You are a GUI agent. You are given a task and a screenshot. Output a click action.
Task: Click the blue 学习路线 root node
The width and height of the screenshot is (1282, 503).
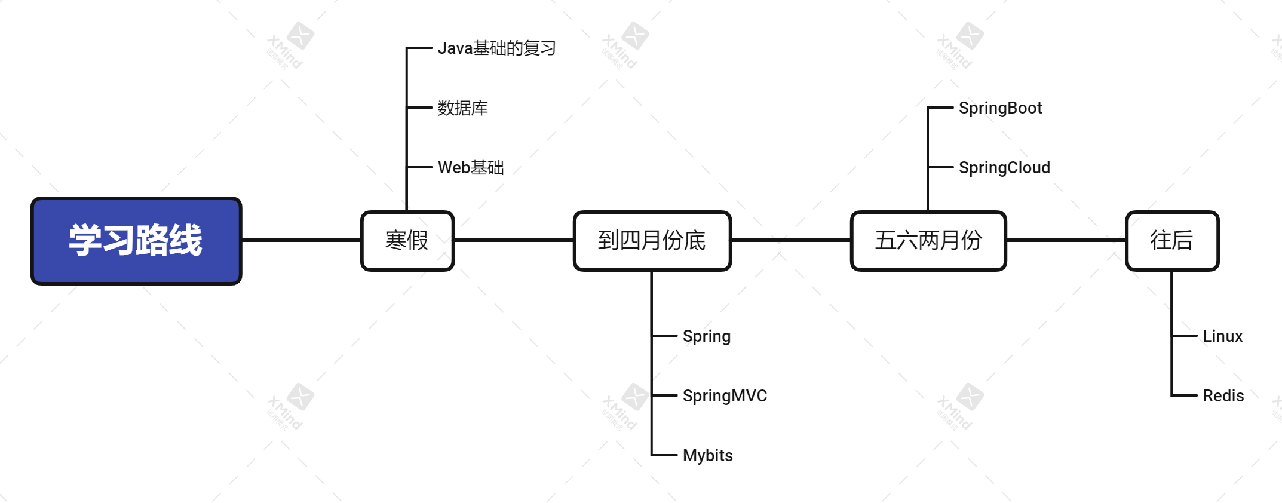[x=136, y=241]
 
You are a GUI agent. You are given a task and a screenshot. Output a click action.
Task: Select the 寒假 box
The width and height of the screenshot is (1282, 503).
[x=407, y=241]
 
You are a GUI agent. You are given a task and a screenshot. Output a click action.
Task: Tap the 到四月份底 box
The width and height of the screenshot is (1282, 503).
[x=652, y=241]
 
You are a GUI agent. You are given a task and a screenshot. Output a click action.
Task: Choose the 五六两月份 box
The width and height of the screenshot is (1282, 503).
[x=928, y=241]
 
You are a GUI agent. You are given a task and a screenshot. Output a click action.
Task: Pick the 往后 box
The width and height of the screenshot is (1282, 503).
[x=1172, y=241]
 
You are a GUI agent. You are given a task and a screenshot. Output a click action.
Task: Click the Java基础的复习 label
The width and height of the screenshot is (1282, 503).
[x=496, y=48]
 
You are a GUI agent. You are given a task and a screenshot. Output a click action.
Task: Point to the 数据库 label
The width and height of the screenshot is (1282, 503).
[x=462, y=108]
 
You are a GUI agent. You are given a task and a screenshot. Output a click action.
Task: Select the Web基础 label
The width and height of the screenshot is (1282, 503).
[x=471, y=168]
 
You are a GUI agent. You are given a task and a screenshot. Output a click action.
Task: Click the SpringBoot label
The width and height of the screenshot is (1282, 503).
[x=1000, y=108]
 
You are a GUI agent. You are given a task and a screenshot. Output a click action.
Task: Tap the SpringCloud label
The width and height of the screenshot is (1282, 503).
[x=1004, y=168]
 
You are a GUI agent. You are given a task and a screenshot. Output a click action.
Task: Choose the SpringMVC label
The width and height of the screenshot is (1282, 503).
[x=725, y=396]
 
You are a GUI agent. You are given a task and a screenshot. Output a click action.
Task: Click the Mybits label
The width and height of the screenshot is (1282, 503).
[x=707, y=456]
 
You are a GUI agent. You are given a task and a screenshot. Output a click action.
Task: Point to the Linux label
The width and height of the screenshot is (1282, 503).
[x=1222, y=336]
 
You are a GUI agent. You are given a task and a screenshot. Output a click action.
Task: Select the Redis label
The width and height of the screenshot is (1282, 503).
[x=1223, y=396]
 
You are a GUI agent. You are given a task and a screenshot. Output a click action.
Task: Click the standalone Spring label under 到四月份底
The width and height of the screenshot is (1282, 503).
[x=706, y=336]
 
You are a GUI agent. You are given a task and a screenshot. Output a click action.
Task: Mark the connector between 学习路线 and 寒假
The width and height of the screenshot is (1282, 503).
[x=301, y=240]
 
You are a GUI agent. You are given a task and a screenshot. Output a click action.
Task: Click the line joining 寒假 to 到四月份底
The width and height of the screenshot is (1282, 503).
[x=514, y=240]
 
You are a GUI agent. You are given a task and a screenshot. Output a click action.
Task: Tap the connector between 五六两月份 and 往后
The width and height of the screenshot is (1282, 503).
[x=1066, y=240]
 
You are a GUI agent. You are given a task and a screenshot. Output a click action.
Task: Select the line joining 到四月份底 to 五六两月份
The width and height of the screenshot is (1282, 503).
[x=791, y=240]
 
